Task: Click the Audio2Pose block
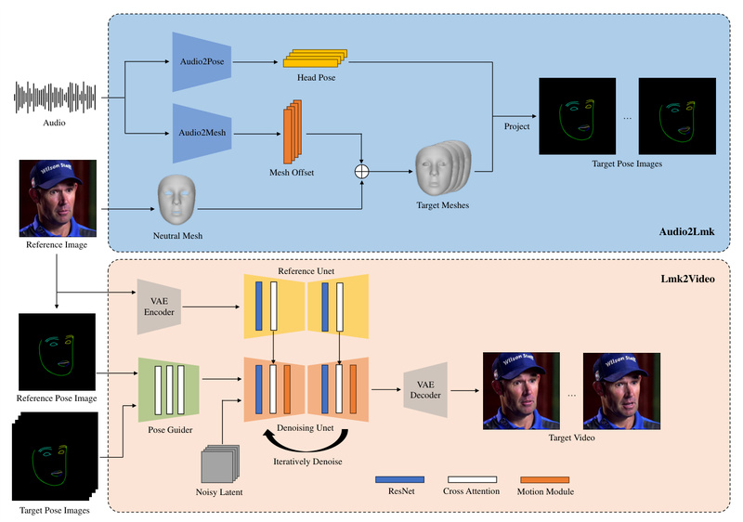[202, 61]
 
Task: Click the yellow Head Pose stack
[313, 59]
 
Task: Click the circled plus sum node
[362, 171]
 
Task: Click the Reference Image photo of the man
[58, 198]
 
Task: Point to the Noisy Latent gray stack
[220, 463]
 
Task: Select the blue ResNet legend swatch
[398, 479]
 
